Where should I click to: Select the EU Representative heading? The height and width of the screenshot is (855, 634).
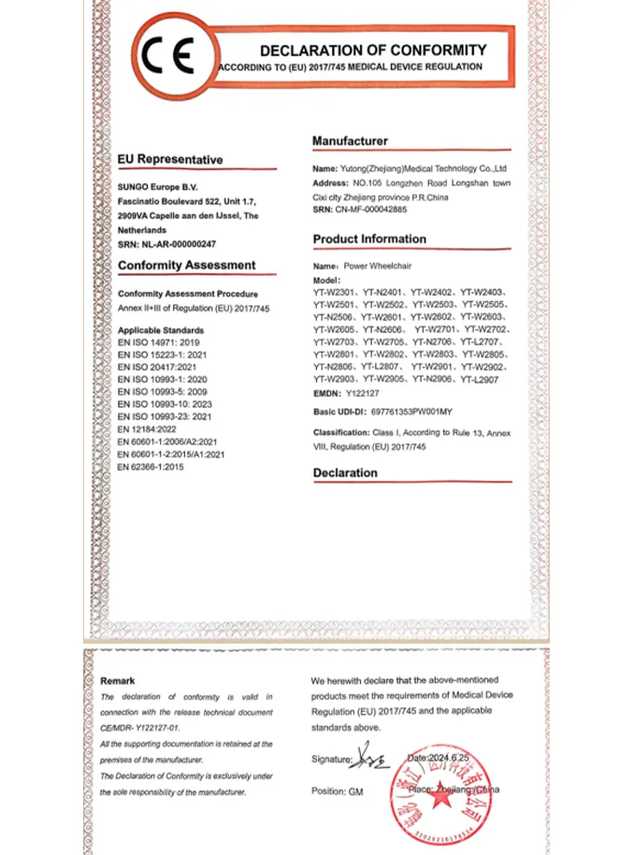(x=170, y=160)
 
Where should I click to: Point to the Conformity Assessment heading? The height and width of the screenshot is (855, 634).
(x=186, y=266)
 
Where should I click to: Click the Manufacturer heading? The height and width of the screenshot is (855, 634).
(x=350, y=140)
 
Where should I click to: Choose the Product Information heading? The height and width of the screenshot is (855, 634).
(x=369, y=239)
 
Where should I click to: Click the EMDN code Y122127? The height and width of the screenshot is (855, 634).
(x=365, y=394)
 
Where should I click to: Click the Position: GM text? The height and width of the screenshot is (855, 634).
(x=337, y=790)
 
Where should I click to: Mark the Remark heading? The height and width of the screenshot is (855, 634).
(x=118, y=681)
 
